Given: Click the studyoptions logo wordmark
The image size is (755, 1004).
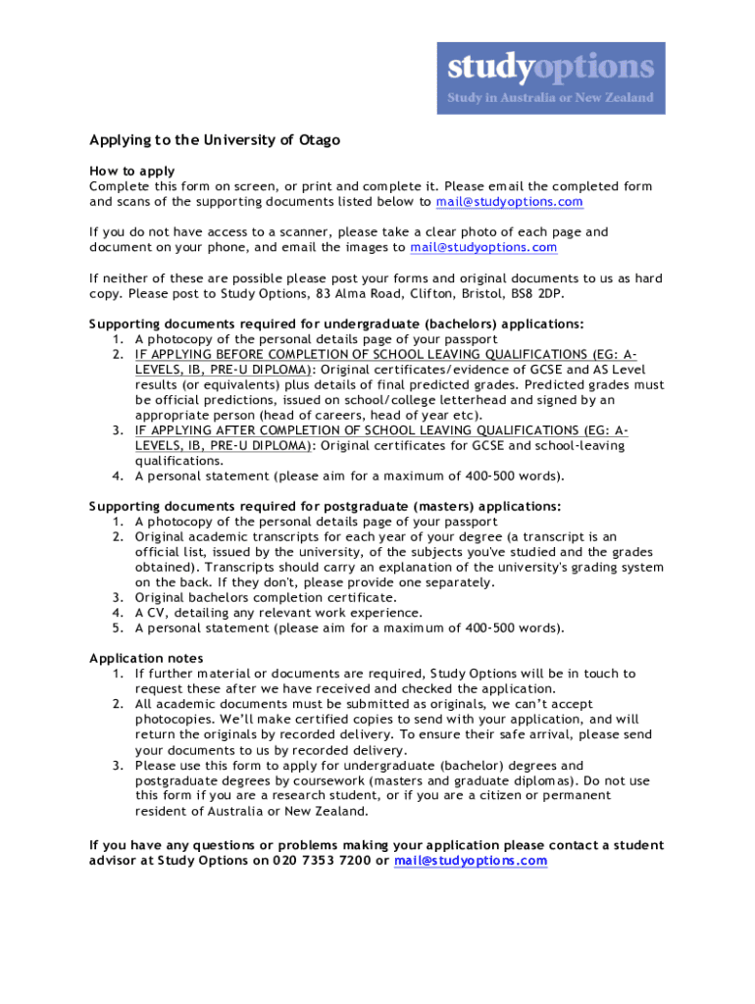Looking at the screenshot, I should (550, 67).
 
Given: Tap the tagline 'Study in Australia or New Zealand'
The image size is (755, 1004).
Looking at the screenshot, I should (550, 98).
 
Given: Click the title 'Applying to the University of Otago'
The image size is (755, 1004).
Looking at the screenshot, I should (215, 140).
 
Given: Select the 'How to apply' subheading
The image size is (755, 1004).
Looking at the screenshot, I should (132, 171).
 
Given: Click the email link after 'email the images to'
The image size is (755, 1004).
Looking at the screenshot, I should (483, 247).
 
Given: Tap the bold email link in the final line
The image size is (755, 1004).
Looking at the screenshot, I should (470, 861).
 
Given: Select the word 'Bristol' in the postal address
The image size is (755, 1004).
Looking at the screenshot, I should (474, 293).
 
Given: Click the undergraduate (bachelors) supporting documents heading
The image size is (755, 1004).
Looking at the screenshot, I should (336, 324).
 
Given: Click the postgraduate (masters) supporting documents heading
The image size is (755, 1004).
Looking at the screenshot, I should (326, 506).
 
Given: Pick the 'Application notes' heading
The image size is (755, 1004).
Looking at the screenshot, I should (146, 658).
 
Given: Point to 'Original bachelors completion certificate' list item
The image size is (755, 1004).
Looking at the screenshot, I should (266, 597).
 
